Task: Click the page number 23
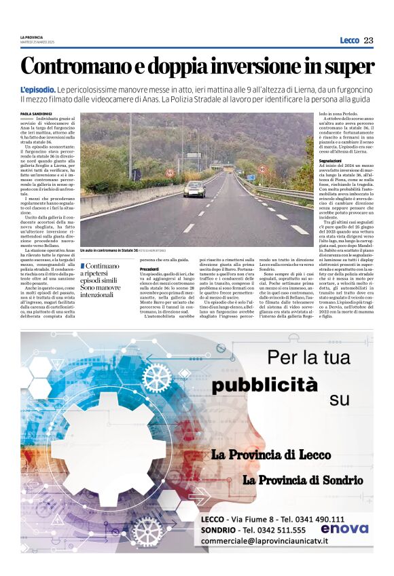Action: pos(368,40)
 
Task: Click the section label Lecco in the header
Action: pos(349,40)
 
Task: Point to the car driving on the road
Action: pos(194,189)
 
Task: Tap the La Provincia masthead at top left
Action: pos(31,37)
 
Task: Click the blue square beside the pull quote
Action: pos(83,266)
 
